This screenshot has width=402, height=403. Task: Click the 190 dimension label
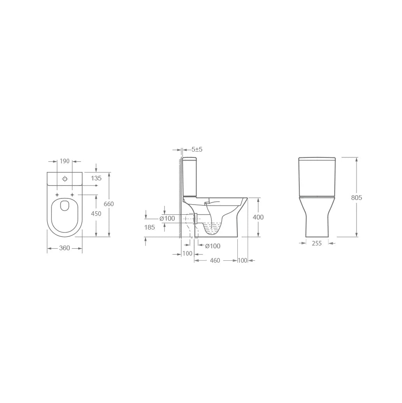pyautogui.click(x=65, y=161)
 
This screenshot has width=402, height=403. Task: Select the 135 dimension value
pyautogui.click(x=96, y=178)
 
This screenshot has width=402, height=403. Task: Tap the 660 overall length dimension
pyautogui.click(x=109, y=204)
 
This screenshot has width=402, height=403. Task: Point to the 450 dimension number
pyautogui.click(x=96, y=214)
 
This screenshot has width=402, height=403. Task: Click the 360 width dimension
pyautogui.click(x=65, y=248)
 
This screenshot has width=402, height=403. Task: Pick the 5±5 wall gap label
pyautogui.click(x=197, y=149)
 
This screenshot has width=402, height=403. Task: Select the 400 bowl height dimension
pyautogui.click(x=258, y=217)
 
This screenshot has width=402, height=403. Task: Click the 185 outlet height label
pyautogui.click(x=150, y=227)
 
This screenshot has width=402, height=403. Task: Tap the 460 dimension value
pyautogui.click(x=215, y=260)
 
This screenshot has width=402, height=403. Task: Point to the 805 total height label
pyautogui.click(x=356, y=198)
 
